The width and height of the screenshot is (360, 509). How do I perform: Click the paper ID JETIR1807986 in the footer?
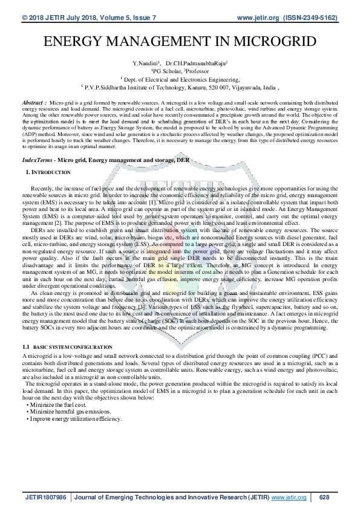pos(45,497)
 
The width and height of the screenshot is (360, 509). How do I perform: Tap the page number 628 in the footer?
pos(324,497)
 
